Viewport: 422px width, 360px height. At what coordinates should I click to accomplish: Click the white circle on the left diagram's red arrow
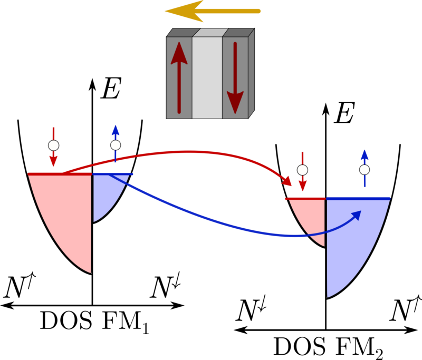pyautogui.click(x=53, y=145)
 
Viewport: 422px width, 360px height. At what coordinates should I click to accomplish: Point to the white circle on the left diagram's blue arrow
pyautogui.click(x=116, y=145)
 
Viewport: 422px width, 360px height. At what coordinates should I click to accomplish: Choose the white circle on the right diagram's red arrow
pyautogui.click(x=302, y=170)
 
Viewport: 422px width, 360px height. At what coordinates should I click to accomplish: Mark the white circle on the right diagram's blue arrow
pyautogui.click(x=365, y=170)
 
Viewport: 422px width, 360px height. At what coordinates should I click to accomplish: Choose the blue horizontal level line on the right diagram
pyautogui.click(x=359, y=198)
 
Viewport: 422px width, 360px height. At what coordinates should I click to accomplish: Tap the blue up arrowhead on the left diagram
pyautogui.click(x=116, y=130)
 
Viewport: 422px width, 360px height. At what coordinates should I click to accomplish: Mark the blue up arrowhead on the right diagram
pyautogui.click(x=365, y=154)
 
